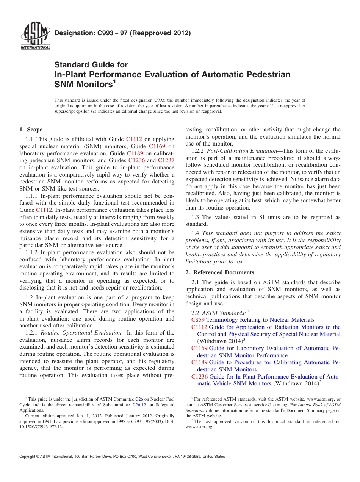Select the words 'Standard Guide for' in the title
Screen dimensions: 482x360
pyautogui.click(x=91, y=65)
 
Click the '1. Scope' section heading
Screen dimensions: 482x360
pyautogui.click(x=31, y=130)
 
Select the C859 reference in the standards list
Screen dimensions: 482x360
pyautogui.click(x=198, y=320)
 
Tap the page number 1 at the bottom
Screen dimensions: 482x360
pyautogui.click(x=180, y=465)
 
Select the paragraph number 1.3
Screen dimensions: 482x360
pyautogui.click(x=196, y=217)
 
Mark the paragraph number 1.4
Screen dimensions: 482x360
pyautogui.click(x=196, y=233)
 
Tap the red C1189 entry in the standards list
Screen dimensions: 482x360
pyautogui.click(x=199, y=362)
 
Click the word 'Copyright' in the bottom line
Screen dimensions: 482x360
pyautogui.click(x=28, y=457)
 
